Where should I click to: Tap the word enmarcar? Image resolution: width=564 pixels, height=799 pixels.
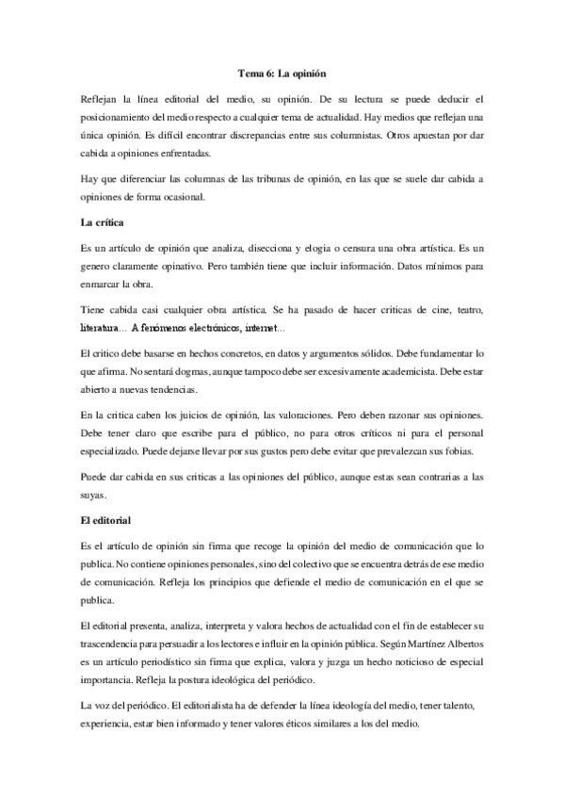tap(106, 285)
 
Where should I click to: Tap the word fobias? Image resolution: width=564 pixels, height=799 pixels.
tap(466, 450)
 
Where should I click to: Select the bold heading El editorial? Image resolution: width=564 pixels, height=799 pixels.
tap(107, 519)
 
